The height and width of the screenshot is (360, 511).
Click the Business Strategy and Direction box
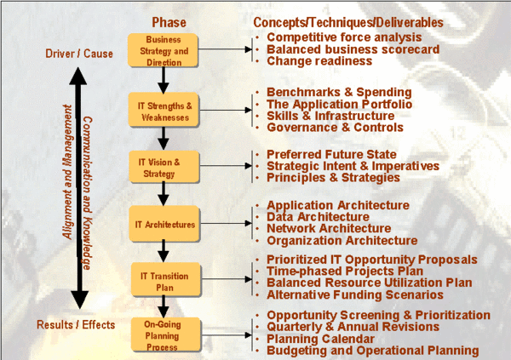pyautogui.click(x=163, y=50)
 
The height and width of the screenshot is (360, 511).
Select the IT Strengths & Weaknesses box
pyautogui.click(x=163, y=111)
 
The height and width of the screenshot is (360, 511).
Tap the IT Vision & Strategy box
pyautogui.click(x=163, y=168)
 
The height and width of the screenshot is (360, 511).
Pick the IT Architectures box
pyautogui.click(x=163, y=225)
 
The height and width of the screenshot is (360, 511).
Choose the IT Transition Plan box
pyautogui.click(x=163, y=282)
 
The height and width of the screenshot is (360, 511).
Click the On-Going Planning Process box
pyautogui.click(x=163, y=335)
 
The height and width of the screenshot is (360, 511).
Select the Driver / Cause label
pyautogui.click(x=78, y=54)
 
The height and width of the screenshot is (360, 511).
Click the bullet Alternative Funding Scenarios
pyautogui.click(x=354, y=295)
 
